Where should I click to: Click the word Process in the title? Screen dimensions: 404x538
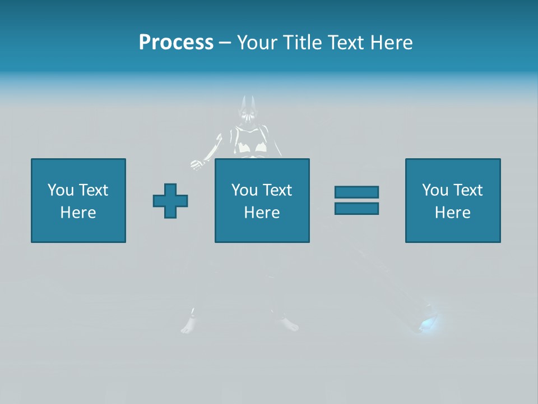point(176,43)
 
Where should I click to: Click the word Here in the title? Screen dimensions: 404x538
point(392,43)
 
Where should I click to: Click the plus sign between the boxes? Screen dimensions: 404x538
point(170,201)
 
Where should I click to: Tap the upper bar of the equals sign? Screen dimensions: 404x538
point(356,192)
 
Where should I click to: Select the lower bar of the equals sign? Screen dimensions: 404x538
point(356,209)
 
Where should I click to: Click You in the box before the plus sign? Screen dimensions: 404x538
point(60,190)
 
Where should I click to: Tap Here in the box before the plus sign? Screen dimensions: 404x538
point(78,213)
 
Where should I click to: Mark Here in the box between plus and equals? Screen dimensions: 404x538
point(262,213)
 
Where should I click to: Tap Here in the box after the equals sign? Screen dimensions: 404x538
point(452,213)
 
